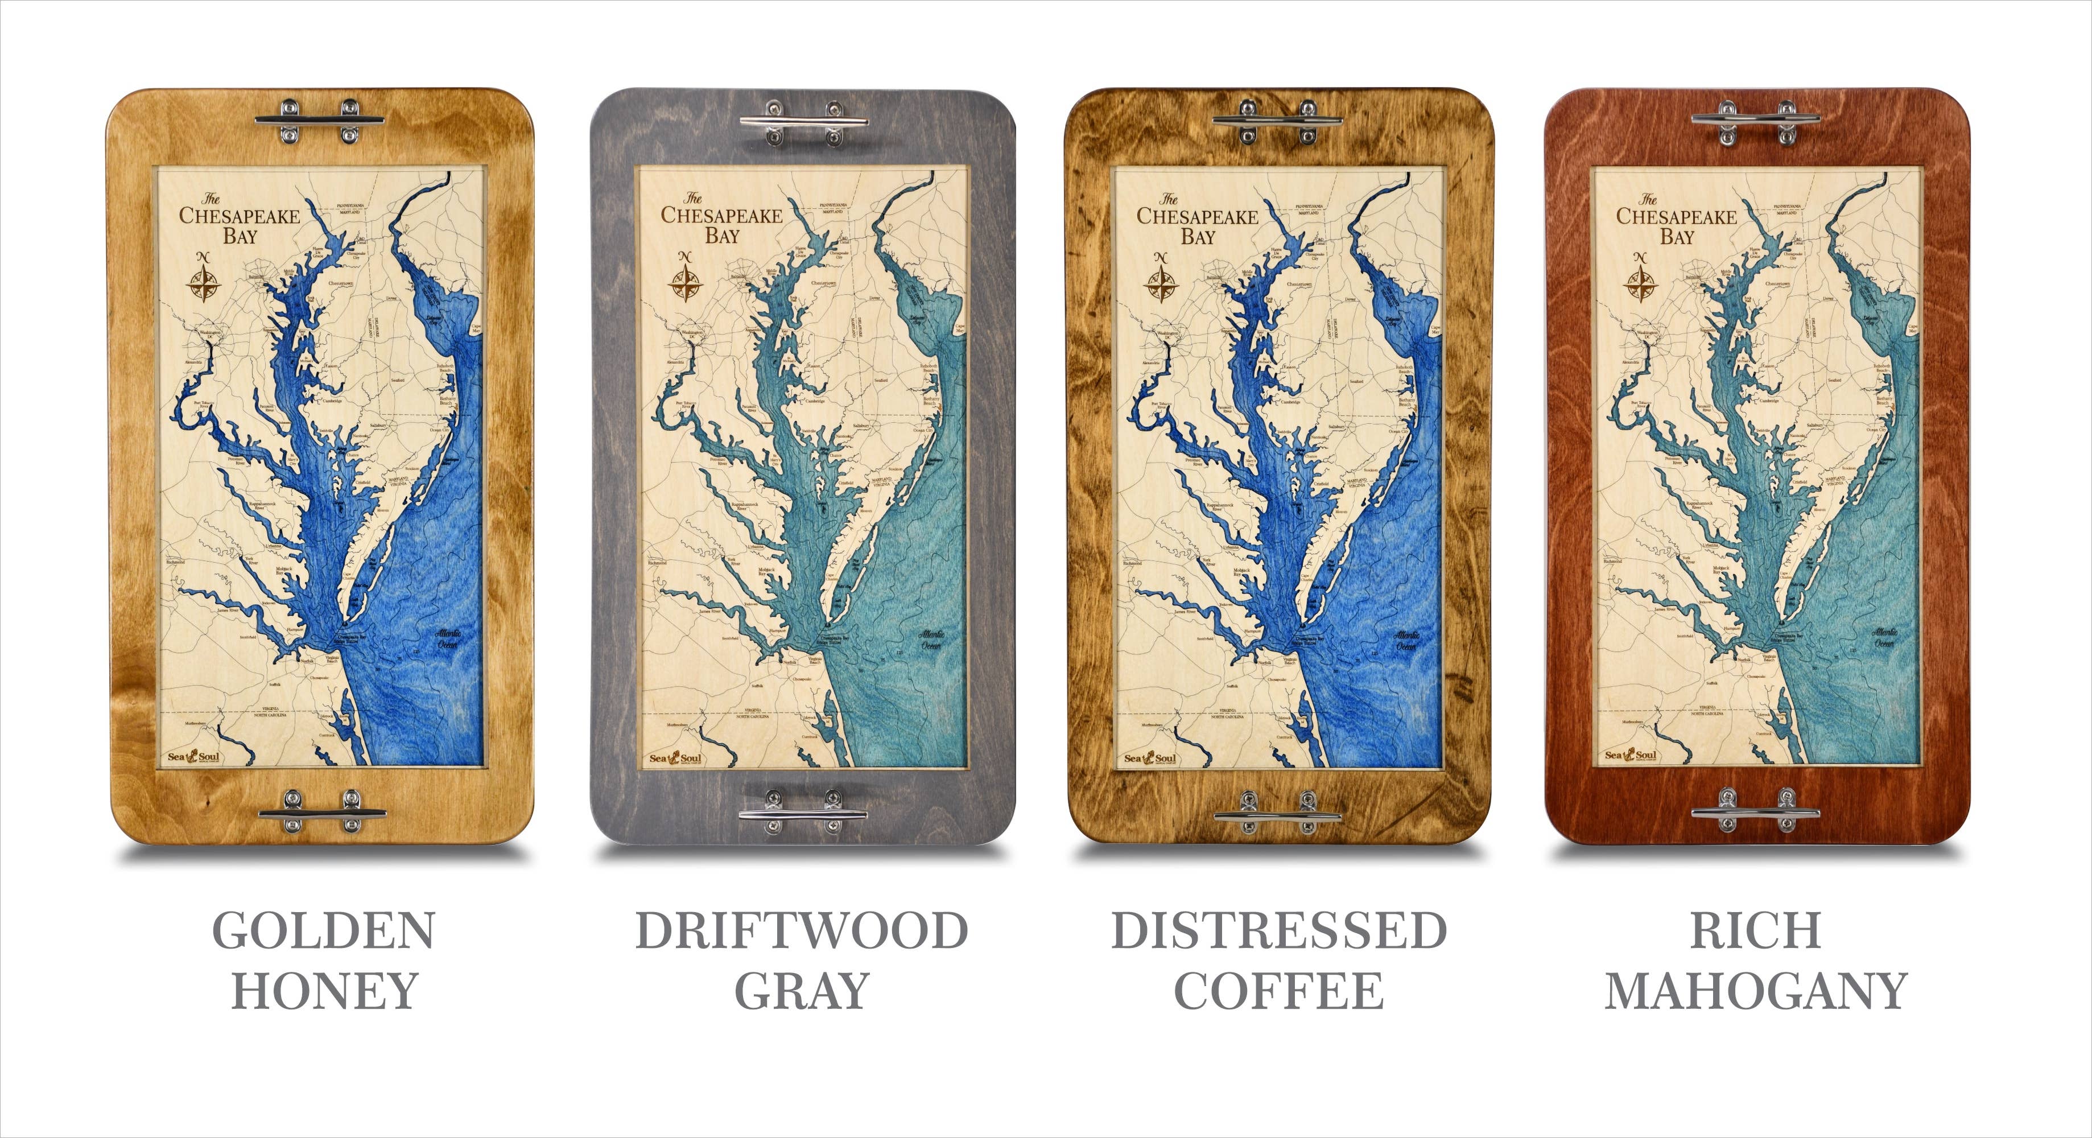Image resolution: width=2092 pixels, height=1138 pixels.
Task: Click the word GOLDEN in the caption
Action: [x=323, y=931]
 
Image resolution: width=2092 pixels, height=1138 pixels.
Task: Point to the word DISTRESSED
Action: [x=1278, y=931]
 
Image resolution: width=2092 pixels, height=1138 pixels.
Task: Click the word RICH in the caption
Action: [x=1755, y=931]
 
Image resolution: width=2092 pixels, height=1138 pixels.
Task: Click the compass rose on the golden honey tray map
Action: [x=205, y=279]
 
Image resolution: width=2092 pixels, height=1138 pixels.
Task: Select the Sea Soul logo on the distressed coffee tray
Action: [x=1149, y=758]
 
